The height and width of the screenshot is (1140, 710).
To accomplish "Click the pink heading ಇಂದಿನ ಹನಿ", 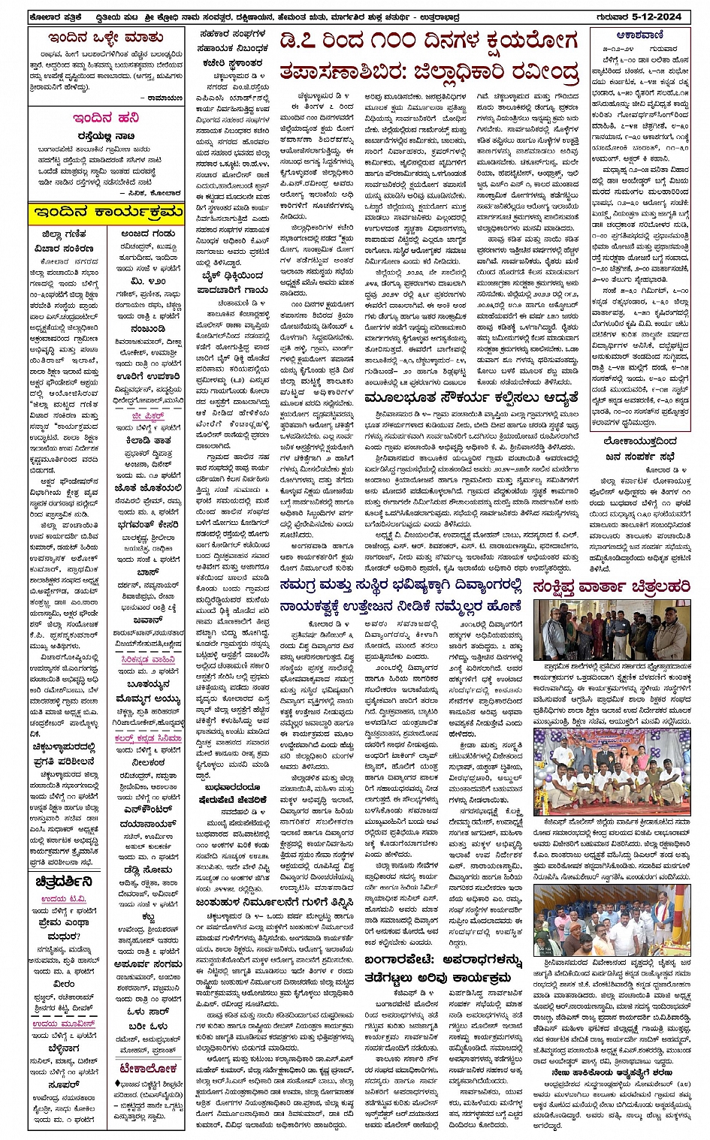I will click(106, 117).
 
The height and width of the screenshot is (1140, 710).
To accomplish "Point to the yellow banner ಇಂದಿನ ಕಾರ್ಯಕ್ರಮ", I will click(106, 213).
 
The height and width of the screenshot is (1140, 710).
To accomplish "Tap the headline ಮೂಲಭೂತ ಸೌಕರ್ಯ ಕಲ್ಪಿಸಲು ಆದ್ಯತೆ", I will click(472, 398).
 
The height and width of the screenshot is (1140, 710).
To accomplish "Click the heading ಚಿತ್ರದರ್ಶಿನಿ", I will click(65, 882).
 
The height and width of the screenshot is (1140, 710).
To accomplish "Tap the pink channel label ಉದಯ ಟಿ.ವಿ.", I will click(65, 899).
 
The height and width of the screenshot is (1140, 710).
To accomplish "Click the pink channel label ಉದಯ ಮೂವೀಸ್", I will click(65, 1024).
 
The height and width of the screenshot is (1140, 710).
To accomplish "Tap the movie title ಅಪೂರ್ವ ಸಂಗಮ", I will click(147, 964).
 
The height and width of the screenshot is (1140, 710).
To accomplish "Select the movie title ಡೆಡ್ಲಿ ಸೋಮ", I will click(147, 870).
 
